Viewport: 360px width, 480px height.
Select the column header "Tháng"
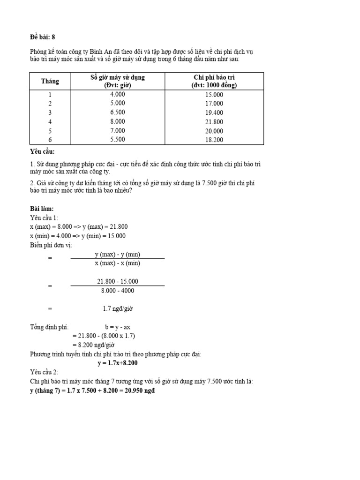pyautogui.click(x=50, y=81)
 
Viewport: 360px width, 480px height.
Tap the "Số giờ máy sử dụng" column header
pyautogui.click(x=118, y=81)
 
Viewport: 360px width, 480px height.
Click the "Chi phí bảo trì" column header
pyautogui.click(x=214, y=81)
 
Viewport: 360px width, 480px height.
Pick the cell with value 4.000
pyautogui.click(x=117, y=94)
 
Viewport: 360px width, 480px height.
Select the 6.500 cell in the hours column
pyautogui.click(x=117, y=112)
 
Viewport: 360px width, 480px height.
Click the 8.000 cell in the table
pyautogui.click(x=117, y=121)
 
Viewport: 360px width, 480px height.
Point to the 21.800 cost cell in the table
pyautogui.click(x=214, y=122)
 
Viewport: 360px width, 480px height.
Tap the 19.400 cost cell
pyautogui.click(x=214, y=113)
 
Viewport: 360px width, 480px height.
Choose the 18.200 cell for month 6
pyautogui.click(x=214, y=140)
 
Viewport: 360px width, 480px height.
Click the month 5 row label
pyautogui.click(x=50, y=131)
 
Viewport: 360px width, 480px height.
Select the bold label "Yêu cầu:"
pyautogui.click(x=42, y=152)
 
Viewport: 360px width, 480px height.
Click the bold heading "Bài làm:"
pyautogui.click(x=42, y=209)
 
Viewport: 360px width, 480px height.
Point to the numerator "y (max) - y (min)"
pyautogui.click(x=117, y=255)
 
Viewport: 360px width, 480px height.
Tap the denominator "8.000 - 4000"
pyautogui.click(x=117, y=291)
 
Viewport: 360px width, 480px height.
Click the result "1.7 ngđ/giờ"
pyautogui.click(x=117, y=308)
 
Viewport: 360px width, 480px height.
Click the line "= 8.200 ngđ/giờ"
pyautogui.click(x=94, y=345)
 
